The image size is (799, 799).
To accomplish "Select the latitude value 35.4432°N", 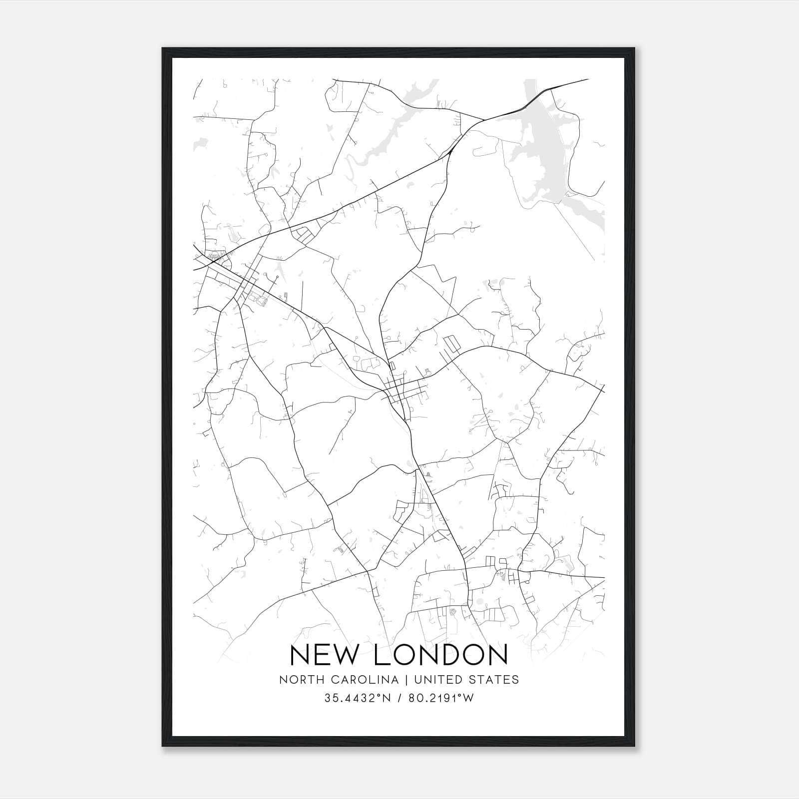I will tap(358, 699).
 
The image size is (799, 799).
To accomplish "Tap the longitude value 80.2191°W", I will tap(441, 699).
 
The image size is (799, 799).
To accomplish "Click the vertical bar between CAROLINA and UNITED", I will tap(406, 680).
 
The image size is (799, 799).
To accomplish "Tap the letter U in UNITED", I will tap(417, 680).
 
